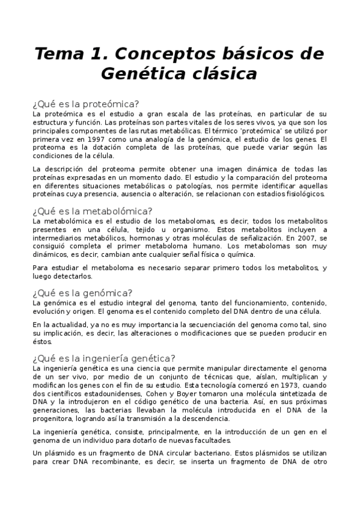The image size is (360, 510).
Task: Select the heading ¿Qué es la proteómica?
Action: (x=85, y=103)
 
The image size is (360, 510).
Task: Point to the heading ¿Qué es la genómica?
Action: (x=82, y=292)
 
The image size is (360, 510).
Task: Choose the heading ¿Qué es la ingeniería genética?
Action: (x=104, y=357)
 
